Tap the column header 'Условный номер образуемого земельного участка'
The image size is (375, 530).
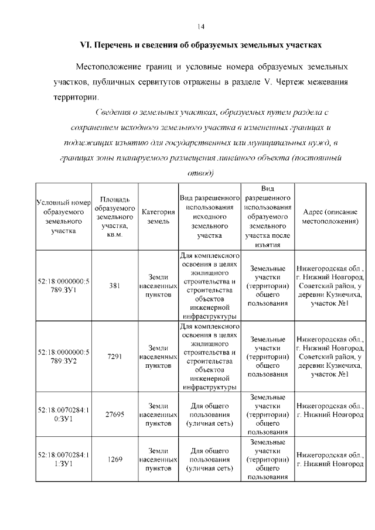click(64, 217)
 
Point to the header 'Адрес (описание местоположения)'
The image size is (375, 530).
click(330, 217)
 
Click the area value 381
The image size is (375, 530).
click(115, 286)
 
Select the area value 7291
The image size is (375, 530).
click(115, 357)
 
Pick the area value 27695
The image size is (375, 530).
click(115, 414)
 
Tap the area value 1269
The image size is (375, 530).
click(115, 459)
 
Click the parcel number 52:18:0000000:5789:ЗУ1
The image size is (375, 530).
click(64, 286)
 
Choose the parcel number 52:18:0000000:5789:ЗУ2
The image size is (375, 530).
click(64, 357)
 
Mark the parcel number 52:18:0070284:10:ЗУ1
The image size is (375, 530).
click(64, 414)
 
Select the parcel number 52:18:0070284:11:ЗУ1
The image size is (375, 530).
click(64, 459)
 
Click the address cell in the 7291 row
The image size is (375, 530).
click(330, 357)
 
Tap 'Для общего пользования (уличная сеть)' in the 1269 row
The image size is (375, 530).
click(209, 459)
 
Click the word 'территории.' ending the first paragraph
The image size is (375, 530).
click(76, 96)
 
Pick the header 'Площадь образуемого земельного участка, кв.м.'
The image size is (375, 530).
click(115, 217)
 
